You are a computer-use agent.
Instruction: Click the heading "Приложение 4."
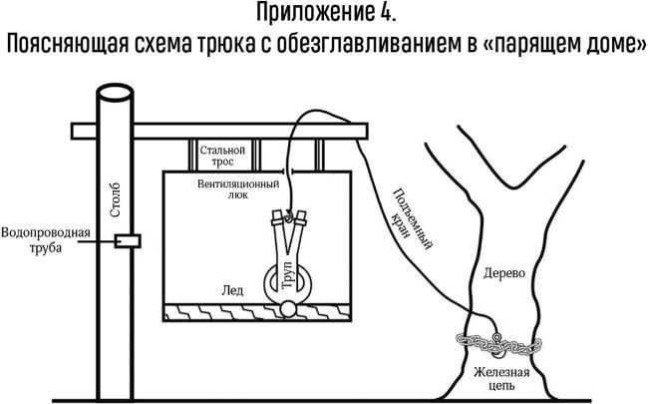pos(324,15)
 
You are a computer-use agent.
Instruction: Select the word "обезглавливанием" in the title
pos(370,46)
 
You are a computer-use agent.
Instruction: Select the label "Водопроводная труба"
pos(47,240)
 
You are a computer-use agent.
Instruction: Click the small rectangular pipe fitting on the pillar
pos(127,240)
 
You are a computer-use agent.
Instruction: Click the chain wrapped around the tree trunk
pos(498,346)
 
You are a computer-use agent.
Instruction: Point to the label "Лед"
pos(231,289)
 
